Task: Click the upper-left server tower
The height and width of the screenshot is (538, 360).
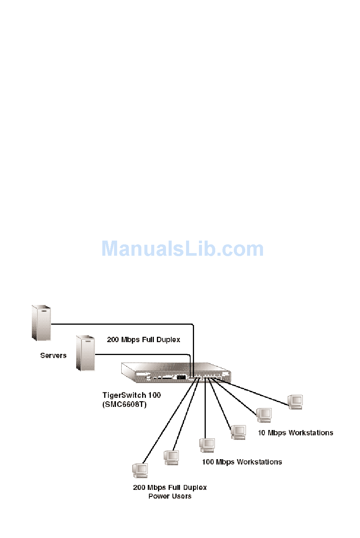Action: point(41,323)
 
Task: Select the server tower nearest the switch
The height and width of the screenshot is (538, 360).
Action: point(85,353)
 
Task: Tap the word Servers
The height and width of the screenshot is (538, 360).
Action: point(53,355)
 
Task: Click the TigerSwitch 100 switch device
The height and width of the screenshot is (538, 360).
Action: point(175,373)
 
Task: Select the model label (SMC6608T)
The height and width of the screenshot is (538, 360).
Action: point(124,404)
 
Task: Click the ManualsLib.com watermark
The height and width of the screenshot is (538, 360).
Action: point(182,249)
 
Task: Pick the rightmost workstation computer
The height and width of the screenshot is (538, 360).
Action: point(295,402)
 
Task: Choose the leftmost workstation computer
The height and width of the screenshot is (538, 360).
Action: point(140,470)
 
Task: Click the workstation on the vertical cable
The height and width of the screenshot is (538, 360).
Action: point(207,445)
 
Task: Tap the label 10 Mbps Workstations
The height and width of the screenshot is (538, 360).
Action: point(295,433)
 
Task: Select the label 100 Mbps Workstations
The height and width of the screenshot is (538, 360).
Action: point(242,462)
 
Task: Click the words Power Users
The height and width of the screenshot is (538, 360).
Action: point(170,496)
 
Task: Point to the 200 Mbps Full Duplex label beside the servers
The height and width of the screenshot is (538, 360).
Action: point(143,339)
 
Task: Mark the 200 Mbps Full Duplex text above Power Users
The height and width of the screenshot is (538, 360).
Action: point(170,487)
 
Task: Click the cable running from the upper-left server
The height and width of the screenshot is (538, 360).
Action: point(121,324)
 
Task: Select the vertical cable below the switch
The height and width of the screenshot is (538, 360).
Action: point(205,409)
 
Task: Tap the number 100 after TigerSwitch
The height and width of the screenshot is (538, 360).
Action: point(154,395)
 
